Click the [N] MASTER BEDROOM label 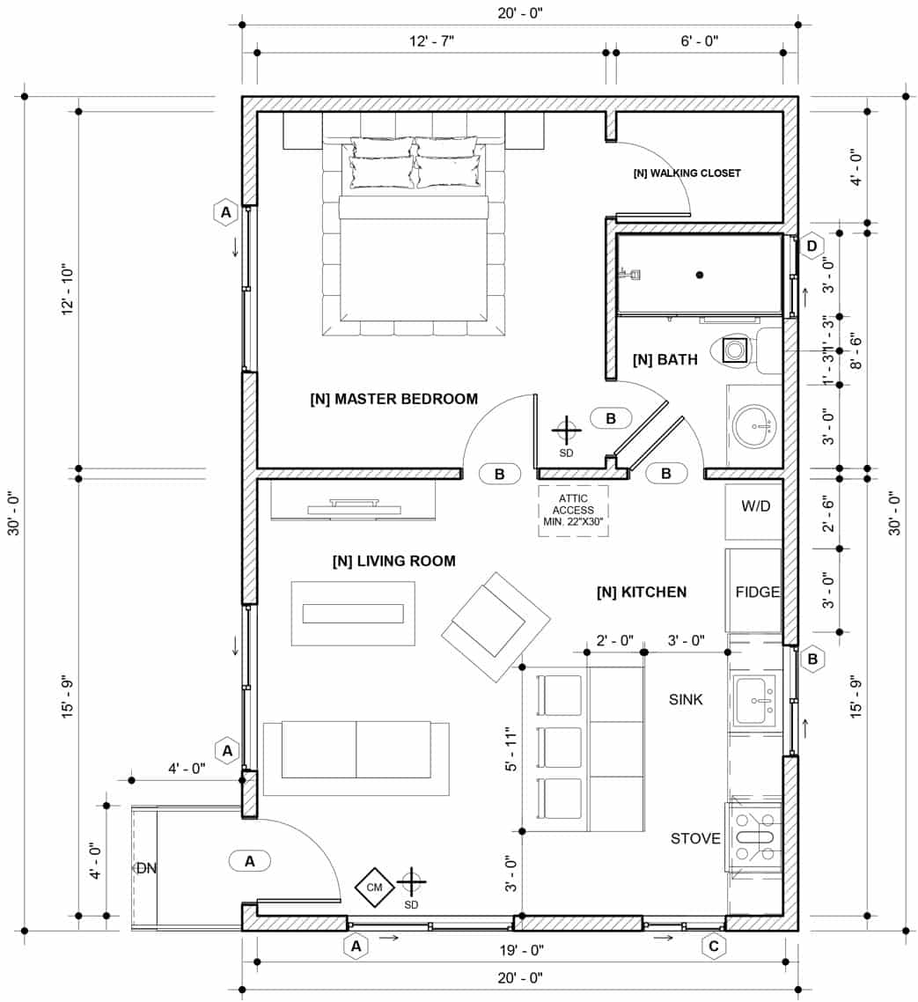[x=393, y=399]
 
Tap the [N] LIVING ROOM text [x=393, y=561]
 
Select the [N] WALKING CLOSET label [x=687, y=173]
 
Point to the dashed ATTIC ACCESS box [x=573, y=510]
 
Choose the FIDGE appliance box [x=754, y=591]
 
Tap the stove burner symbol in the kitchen [x=753, y=837]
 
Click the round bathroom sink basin [x=754, y=426]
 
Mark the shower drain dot [x=699, y=276]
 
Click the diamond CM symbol [x=375, y=887]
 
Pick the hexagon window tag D [x=812, y=245]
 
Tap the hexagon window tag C [x=713, y=947]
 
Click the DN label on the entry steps [x=145, y=868]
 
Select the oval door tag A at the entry [x=250, y=861]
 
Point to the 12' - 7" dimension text [x=430, y=41]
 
